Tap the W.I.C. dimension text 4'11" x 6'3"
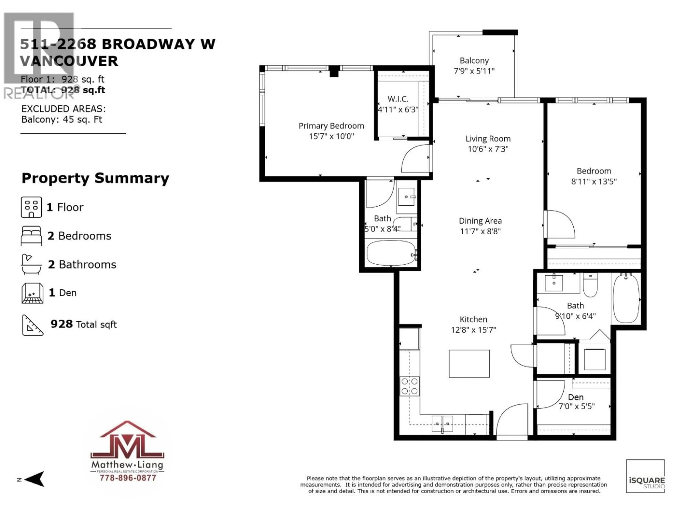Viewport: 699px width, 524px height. tap(398, 110)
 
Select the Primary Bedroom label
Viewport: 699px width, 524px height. tap(331, 126)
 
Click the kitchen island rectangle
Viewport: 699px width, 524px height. tap(469, 364)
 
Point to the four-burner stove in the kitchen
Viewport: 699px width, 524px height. tap(410, 386)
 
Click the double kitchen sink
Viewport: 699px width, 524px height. tap(442, 424)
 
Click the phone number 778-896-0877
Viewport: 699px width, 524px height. tap(128, 478)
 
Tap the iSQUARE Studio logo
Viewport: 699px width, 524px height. tap(645, 476)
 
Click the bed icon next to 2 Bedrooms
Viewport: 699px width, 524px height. tap(31, 236)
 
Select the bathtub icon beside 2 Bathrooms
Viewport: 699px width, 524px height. tap(31, 264)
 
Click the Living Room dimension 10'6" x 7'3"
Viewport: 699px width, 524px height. tap(488, 149)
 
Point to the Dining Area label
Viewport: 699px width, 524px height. tap(480, 221)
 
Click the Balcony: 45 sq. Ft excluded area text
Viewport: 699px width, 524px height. tap(62, 119)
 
